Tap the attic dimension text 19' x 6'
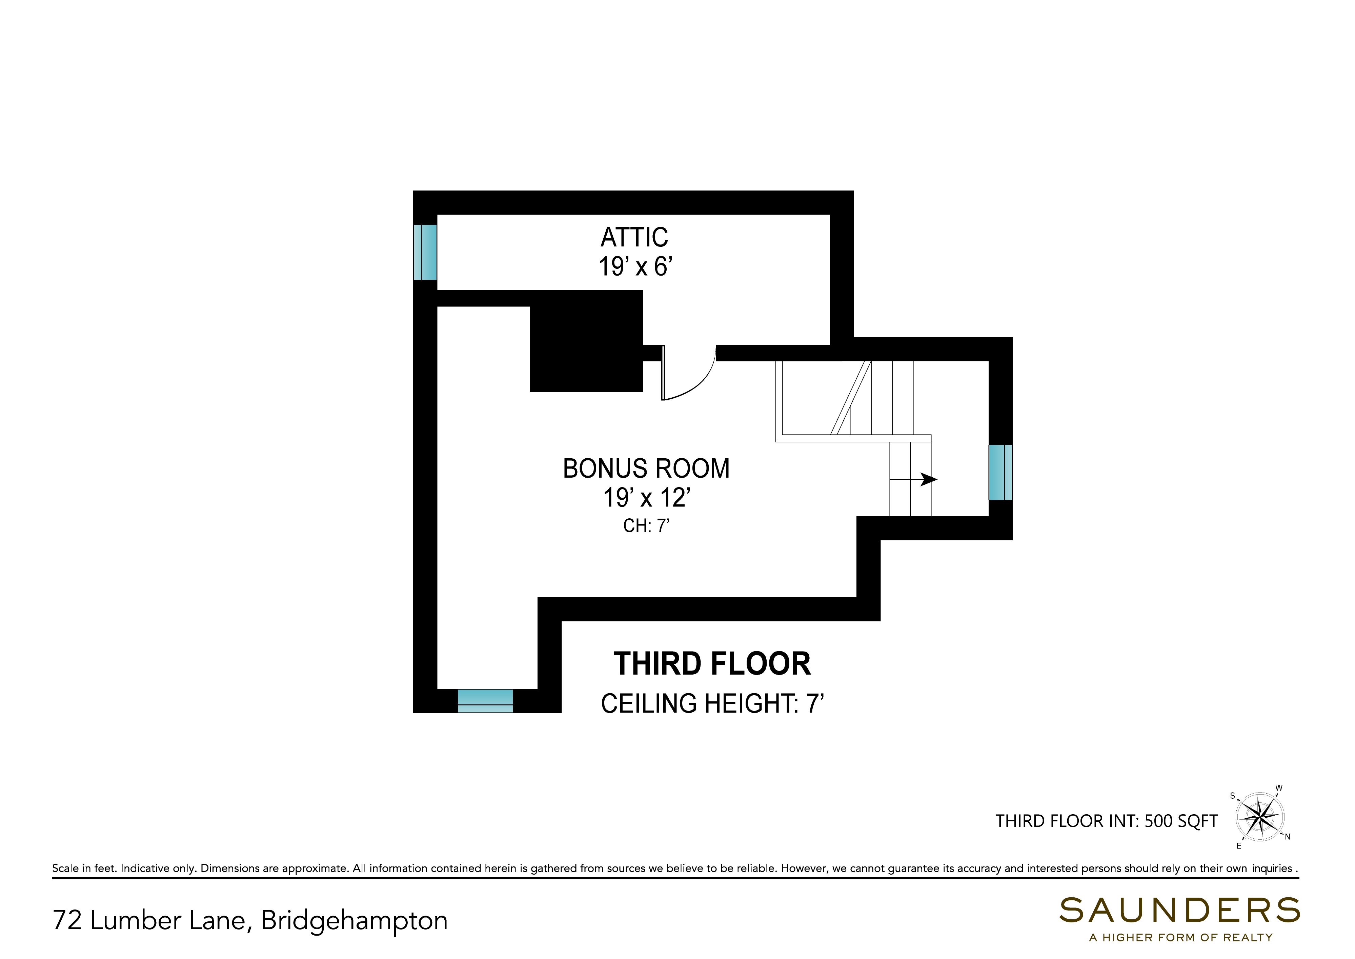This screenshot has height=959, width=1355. point(635,266)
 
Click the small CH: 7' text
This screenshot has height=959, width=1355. point(646,525)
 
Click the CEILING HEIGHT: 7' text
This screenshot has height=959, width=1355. point(712,703)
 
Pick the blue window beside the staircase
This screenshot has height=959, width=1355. point(1000,473)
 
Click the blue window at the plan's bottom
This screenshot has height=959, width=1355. point(485,701)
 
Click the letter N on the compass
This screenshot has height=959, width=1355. point(1288,837)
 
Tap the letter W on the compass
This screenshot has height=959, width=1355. point(1279,788)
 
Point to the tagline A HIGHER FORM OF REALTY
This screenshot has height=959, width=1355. point(1181,938)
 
